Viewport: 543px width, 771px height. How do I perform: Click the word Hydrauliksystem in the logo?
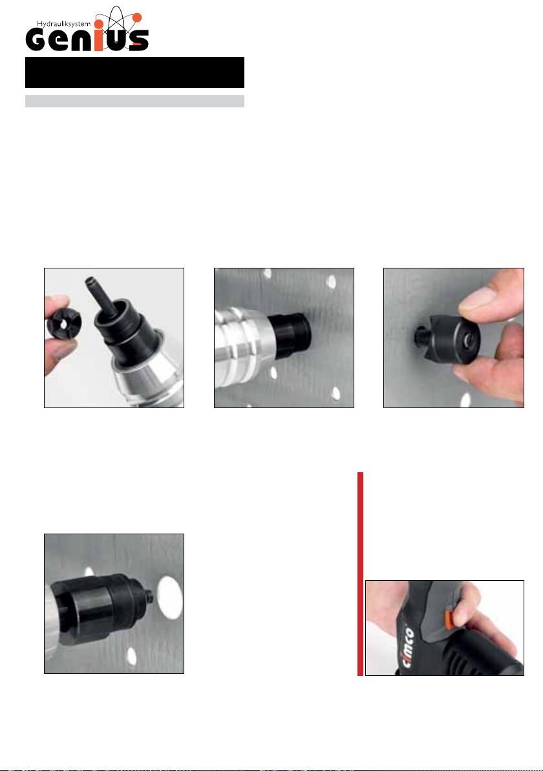tap(64, 23)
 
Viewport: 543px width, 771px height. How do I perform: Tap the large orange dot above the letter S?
tap(137, 17)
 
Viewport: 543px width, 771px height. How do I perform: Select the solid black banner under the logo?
tap(134, 72)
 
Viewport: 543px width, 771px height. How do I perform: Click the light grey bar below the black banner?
tap(134, 101)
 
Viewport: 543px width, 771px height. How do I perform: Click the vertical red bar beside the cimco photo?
tap(360, 574)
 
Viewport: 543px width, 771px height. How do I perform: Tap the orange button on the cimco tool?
tap(448, 618)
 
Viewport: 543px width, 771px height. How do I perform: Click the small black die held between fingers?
tap(64, 326)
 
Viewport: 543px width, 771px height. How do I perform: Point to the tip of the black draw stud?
tap(89, 280)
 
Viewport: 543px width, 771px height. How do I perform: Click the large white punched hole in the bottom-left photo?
tap(169, 596)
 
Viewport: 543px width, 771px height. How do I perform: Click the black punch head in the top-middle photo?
tap(290, 335)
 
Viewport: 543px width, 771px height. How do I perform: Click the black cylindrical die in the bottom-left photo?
tap(98, 607)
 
